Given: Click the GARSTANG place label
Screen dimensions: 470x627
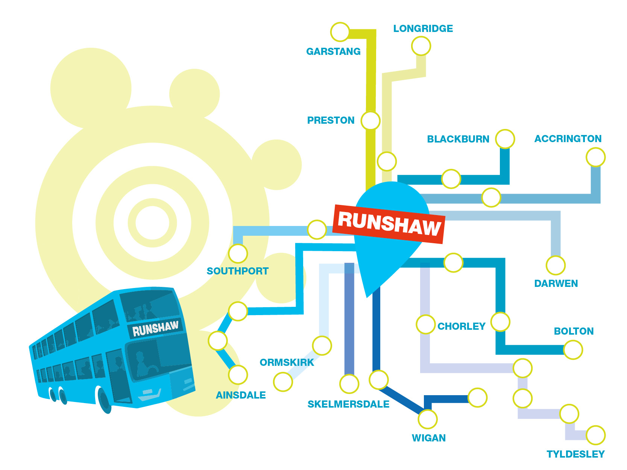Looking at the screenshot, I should click(333, 52).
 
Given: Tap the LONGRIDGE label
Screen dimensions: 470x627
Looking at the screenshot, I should click(423, 29).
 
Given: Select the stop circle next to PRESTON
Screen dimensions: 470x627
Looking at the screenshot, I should click(370, 121).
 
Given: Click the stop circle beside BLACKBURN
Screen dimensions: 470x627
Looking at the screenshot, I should click(505, 139).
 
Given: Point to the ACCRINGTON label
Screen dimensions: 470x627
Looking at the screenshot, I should click(568, 139).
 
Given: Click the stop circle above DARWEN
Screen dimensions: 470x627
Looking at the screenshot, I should click(556, 265).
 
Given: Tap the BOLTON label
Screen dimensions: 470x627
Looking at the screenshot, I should click(574, 331).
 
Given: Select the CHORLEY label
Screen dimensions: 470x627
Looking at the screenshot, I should click(462, 326).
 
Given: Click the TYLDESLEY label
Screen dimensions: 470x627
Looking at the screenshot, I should click(575, 454).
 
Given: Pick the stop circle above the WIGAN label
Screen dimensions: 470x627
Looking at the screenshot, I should click(428, 419).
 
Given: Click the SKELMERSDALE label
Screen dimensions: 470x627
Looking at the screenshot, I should click(348, 404).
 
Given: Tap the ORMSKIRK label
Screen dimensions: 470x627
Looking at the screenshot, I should click(287, 362).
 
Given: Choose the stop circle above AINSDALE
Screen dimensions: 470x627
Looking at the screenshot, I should click(238, 375).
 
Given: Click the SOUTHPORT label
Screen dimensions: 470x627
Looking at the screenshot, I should click(238, 271).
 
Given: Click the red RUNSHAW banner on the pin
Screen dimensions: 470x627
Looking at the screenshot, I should click(389, 224).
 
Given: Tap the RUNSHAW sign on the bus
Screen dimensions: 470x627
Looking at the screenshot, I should click(155, 328).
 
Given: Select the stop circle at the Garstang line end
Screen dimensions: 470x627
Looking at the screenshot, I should click(340, 32).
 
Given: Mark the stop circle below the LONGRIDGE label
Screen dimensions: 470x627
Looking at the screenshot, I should click(421, 46).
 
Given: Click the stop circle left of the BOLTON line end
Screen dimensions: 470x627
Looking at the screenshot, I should click(573, 350).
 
